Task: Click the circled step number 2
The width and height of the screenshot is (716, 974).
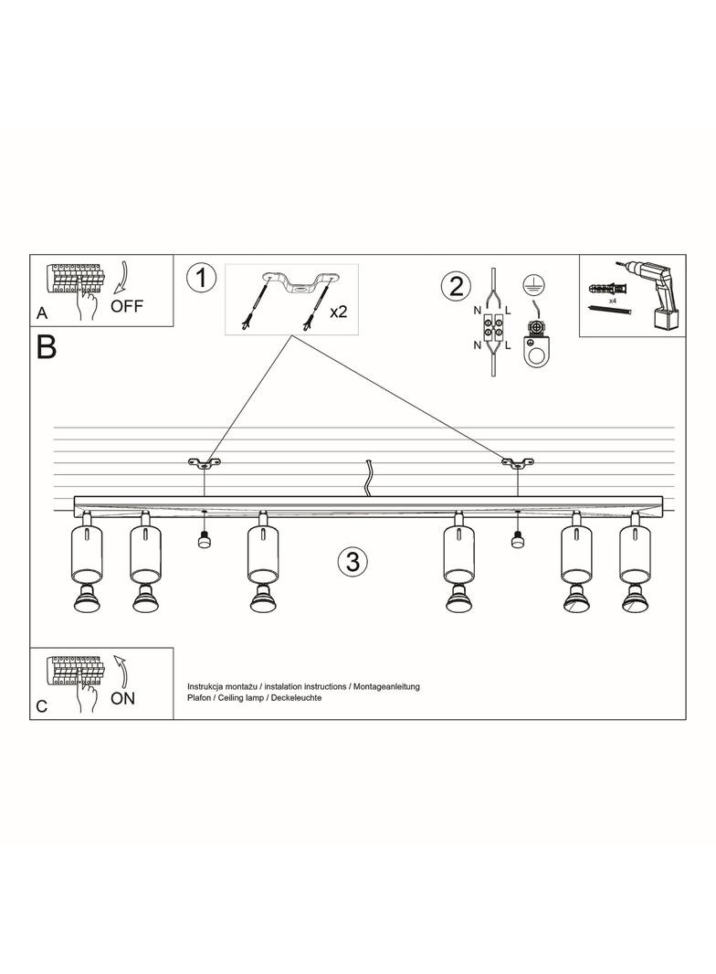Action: [454, 286]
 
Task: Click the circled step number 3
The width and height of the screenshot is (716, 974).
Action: [352, 562]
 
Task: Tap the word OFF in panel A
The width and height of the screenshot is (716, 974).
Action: [127, 305]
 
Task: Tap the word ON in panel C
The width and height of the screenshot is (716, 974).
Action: [122, 698]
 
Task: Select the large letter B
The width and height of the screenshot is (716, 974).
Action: [46, 348]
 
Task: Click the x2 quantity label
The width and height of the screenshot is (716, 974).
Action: [338, 312]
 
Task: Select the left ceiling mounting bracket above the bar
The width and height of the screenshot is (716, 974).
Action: [205, 463]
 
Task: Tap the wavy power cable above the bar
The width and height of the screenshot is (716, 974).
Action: [368, 479]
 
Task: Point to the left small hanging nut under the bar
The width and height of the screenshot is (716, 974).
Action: [204, 540]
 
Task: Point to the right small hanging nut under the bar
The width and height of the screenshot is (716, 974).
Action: [517, 540]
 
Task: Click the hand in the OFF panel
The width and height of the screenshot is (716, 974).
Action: [89, 306]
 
